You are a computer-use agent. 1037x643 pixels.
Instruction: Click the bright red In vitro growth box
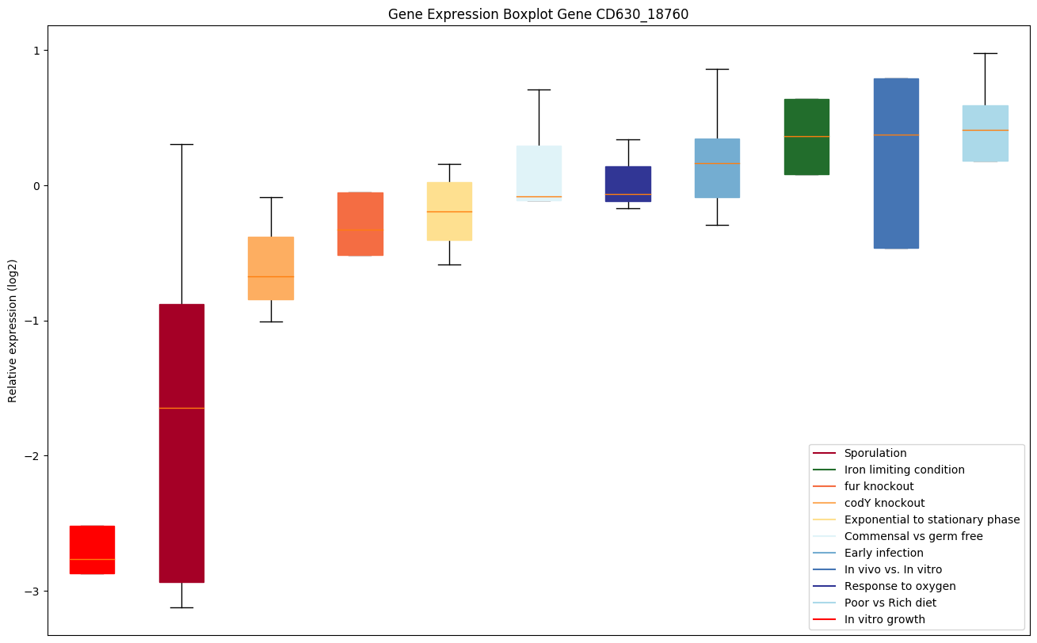(x=92, y=549)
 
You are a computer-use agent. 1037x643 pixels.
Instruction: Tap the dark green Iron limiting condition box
(x=806, y=136)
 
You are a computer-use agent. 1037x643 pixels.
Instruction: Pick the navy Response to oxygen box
(x=628, y=184)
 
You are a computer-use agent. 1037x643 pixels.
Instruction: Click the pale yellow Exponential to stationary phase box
(x=449, y=211)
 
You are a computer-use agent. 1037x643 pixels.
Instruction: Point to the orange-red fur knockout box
(x=360, y=223)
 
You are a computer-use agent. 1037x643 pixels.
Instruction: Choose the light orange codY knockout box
(x=271, y=268)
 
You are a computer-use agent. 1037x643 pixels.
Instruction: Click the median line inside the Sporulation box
(x=181, y=408)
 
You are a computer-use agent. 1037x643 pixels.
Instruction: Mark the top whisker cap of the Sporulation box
(x=181, y=144)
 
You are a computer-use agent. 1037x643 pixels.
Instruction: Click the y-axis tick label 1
(x=36, y=51)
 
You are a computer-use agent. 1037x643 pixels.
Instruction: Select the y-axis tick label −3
(x=32, y=592)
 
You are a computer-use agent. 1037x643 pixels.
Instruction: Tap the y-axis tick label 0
(x=36, y=186)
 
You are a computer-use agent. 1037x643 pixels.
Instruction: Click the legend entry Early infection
(x=883, y=553)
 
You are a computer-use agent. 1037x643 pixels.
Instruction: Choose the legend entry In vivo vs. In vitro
(x=893, y=569)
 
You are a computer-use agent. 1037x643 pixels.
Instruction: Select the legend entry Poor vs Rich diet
(x=890, y=603)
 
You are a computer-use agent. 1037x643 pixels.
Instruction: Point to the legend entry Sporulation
(x=875, y=453)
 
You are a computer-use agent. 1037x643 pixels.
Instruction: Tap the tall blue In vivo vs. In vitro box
(x=896, y=163)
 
